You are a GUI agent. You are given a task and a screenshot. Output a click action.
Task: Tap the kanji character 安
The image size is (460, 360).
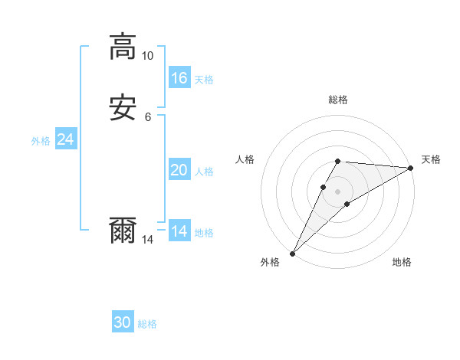[x=123, y=109]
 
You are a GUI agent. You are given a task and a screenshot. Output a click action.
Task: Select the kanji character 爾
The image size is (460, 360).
[x=123, y=231]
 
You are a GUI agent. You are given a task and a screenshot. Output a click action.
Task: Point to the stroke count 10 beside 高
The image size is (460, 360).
[x=147, y=56]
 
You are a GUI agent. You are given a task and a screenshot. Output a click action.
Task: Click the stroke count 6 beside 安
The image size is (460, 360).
[x=147, y=117]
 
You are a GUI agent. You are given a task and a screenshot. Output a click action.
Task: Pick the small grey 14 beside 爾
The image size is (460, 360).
[x=147, y=240]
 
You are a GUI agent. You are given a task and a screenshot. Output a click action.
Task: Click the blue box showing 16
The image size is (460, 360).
[x=179, y=78]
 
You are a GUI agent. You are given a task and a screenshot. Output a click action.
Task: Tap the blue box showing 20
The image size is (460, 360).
[x=179, y=170]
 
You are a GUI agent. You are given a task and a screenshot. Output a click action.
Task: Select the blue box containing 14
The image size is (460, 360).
[x=179, y=231]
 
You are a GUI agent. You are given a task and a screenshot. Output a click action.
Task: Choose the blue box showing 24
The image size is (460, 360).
[x=66, y=139]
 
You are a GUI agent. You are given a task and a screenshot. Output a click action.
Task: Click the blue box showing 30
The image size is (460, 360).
[x=123, y=322]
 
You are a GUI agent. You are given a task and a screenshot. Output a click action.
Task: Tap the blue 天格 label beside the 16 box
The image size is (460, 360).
[x=204, y=80]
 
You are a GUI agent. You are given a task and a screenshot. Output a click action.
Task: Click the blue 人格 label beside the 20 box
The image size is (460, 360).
[x=204, y=172]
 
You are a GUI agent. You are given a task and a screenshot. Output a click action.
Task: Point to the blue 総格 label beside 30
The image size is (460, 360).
[x=147, y=324]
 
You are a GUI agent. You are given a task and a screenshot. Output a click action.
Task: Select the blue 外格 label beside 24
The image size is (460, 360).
[x=41, y=141]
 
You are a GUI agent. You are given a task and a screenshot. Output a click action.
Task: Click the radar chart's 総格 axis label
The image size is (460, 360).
[x=338, y=100]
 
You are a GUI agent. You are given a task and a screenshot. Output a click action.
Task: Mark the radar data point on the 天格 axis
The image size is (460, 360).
[x=411, y=169]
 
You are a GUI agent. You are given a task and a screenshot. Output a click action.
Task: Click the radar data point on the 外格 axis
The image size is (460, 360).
[x=293, y=253]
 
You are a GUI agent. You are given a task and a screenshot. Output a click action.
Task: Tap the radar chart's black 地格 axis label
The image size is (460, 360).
[x=402, y=262]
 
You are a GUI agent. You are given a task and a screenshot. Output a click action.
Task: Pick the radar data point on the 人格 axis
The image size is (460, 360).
[x=324, y=187]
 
